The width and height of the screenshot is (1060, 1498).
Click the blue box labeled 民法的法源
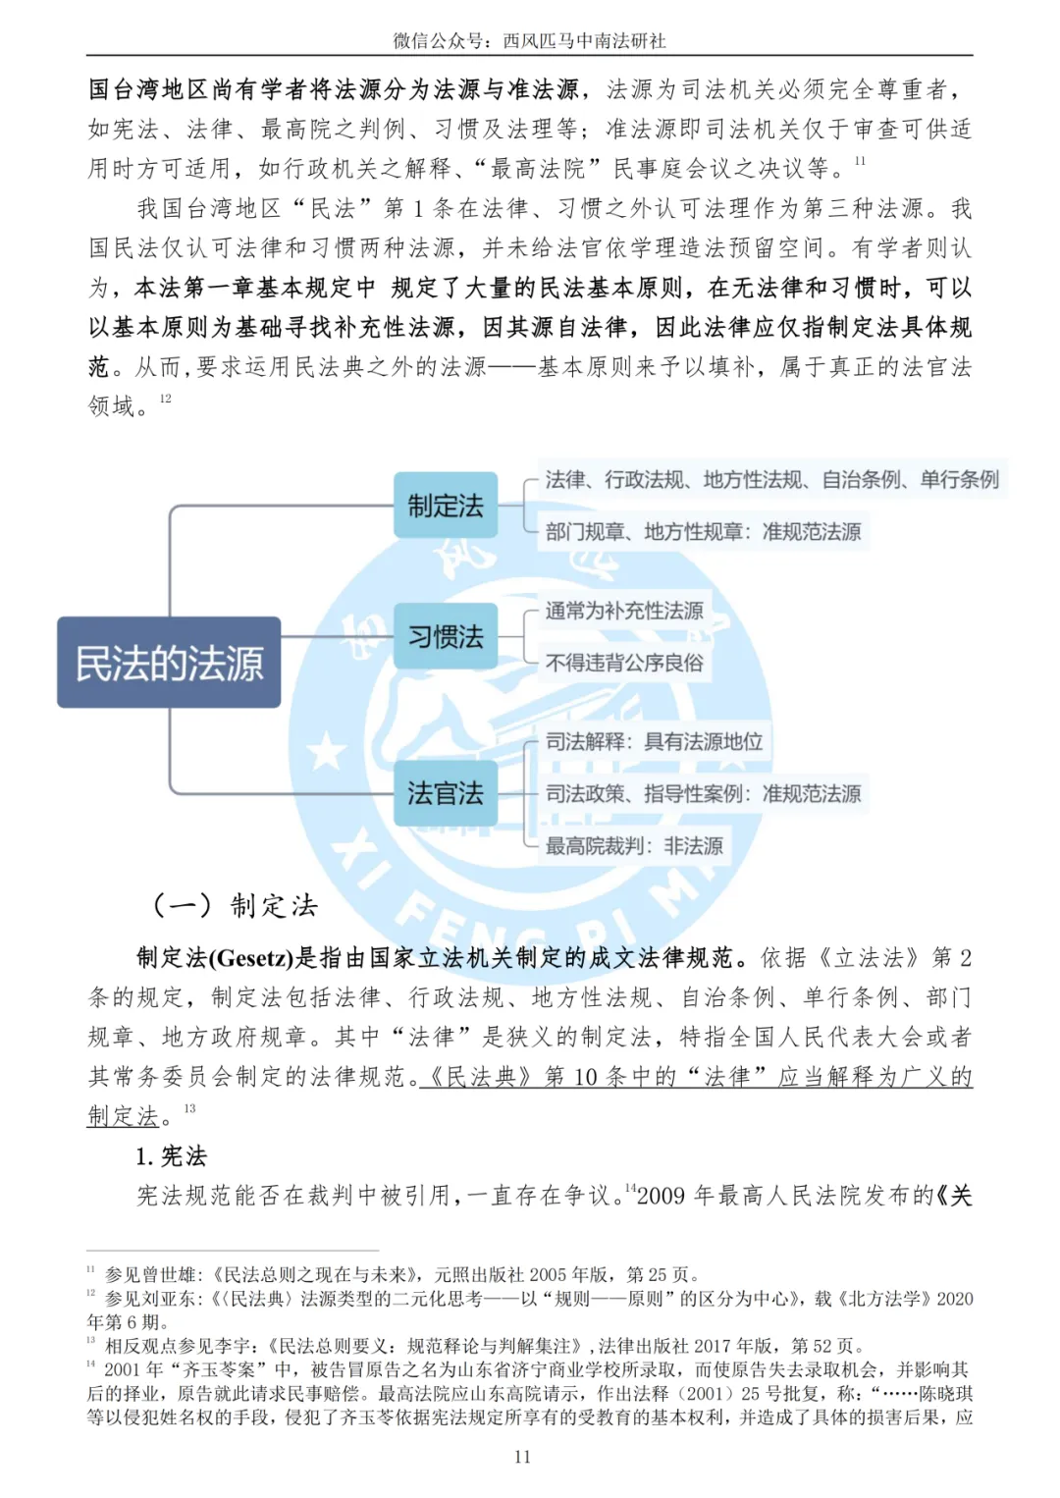coord(169,663)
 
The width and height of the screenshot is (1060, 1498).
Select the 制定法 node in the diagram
coord(446,506)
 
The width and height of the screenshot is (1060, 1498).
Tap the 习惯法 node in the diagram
coord(446,637)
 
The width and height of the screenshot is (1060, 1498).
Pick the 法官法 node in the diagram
coord(446,793)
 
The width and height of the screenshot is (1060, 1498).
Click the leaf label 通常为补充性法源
coord(624,611)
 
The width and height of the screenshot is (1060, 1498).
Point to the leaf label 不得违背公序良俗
coord(624,663)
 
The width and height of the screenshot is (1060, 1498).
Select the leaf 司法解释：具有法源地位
coord(654,741)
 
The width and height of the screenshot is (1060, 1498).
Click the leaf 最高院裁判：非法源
coord(634,845)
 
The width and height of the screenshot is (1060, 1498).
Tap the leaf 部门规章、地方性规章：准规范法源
coord(703,532)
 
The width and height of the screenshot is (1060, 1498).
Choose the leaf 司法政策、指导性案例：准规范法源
coord(703,793)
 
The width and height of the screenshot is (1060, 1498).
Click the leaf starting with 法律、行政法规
coord(771,479)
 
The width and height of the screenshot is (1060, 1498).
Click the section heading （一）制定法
coord(236,905)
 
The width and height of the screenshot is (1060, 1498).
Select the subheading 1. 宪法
coord(172,1155)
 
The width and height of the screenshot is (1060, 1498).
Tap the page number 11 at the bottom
coord(522,1457)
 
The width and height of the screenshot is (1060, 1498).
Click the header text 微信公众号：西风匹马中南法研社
coord(529,40)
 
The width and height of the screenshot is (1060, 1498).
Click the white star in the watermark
coord(327,752)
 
